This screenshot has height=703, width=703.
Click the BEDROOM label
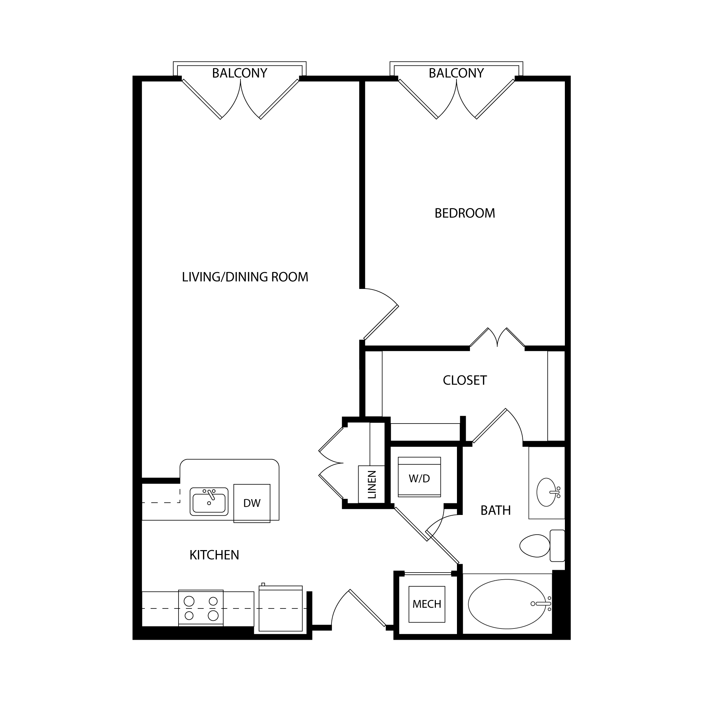coord(465,213)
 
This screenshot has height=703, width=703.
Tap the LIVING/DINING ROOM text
coord(245,277)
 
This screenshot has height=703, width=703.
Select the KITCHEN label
coord(214,555)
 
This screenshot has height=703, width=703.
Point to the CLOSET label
coord(465,380)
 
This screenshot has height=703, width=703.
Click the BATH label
coord(496,510)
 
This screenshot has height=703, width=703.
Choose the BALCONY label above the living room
coord(239,73)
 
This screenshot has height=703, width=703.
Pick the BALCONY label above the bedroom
coord(456,73)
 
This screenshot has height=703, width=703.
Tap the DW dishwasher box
coord(252,503)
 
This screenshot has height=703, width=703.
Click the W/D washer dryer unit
coord(419,477)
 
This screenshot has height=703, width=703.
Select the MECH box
coord(427,604)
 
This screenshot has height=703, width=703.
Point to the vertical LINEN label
coord(372,485)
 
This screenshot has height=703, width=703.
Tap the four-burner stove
coord(201,608)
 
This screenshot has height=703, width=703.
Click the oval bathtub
coord(507,604)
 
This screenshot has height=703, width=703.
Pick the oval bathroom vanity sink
coord(546,492)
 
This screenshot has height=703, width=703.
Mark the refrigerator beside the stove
coord(280,608)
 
